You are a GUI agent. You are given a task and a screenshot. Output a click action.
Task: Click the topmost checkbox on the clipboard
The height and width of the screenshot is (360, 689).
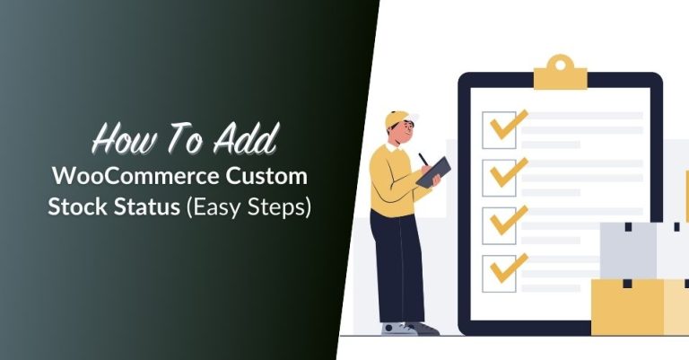click(x=499, y=129)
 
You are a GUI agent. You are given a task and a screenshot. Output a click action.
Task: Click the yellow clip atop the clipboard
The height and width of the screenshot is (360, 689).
click(x=560, y=70)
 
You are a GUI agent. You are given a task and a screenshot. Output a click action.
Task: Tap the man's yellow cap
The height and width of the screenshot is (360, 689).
click(x=396, y=119)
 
